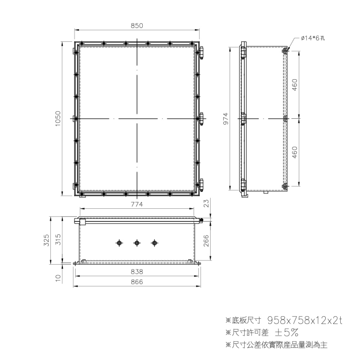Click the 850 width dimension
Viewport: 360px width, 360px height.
tap(137, 26)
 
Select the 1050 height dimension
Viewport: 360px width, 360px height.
tap(58, 118)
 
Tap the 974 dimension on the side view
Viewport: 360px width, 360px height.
tap(226, 119)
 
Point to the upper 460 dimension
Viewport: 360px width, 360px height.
tap(295, 85)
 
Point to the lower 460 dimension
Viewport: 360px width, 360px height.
tap(295, 152)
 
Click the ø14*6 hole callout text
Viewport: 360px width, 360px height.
tap(313, 38)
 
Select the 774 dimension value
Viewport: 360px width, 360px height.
tap(137, 204)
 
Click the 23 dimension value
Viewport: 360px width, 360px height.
tap(207, 203)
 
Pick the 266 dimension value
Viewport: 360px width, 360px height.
tap(206, 241)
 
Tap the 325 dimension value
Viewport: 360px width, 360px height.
tap(46, 240)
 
